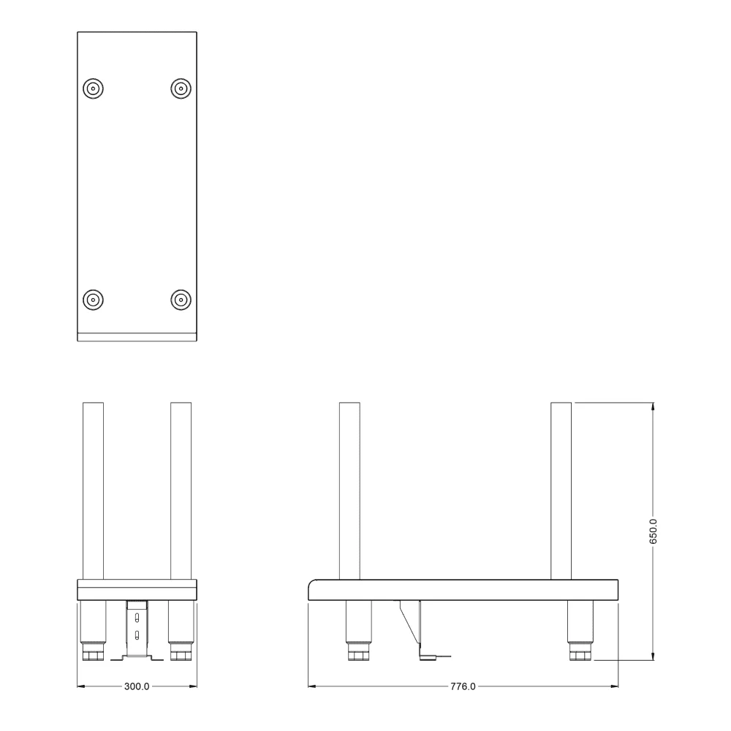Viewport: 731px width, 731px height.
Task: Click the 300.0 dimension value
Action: point(137,686)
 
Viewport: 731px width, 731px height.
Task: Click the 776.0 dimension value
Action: point(463,686)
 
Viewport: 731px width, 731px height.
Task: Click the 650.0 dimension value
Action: point(653,531)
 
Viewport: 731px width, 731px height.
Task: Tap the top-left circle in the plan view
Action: point(94,88)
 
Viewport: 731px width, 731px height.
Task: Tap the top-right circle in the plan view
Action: point(181,88)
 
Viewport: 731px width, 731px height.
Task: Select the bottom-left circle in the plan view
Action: point(94,300)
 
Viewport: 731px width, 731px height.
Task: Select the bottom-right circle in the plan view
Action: point(181,300)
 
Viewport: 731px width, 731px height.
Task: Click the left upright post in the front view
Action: point(94,491)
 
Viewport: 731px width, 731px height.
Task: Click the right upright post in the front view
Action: point(181,491)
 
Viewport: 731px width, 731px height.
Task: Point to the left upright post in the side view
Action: point(349,491)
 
